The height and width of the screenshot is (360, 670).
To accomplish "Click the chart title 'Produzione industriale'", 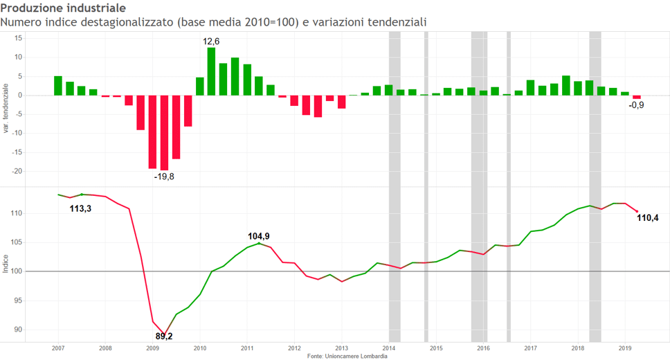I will click(x=63, y=8).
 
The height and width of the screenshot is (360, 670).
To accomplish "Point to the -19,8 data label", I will click(x=164, y=177).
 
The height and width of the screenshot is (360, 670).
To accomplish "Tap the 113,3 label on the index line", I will click(x=80, y=208).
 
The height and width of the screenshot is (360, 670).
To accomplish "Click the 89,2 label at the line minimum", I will click(x=164, y=336).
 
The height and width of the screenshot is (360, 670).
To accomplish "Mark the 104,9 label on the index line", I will click(x=258, y=236).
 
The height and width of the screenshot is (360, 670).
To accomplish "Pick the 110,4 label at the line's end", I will click(x=647, y=218).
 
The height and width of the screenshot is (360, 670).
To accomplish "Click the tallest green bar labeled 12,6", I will click(x=212, y=71).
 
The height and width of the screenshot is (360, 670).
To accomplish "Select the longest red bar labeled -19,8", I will click(x=164, y=132).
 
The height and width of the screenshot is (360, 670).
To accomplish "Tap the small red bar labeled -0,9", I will click(x=637, y=97).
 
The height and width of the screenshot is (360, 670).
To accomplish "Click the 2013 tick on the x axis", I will click(x=341, y=348).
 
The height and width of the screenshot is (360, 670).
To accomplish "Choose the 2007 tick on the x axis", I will click(x=58, y=348).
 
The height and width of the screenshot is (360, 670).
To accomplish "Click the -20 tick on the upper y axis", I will click(x=19, y=171).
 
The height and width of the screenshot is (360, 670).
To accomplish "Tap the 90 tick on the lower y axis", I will click(x=19, y=330).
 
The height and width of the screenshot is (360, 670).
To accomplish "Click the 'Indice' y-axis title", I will click(x=6, y=264).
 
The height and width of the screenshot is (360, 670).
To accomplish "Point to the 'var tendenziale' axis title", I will click(x=6, y=109).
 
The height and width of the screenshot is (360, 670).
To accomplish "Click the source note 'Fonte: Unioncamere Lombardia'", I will click(x=347, y=356).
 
